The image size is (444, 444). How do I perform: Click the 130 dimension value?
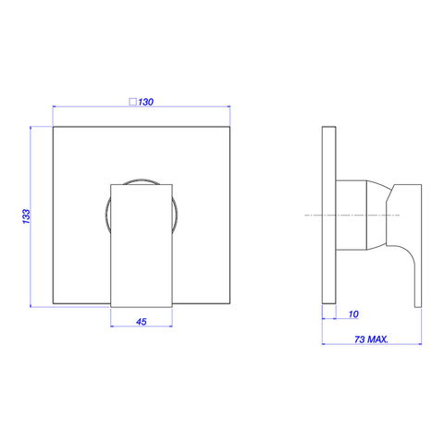(x=145, y=102)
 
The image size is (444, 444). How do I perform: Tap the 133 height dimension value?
(x=27, y=216)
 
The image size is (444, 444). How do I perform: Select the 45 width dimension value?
(x=142, y=322)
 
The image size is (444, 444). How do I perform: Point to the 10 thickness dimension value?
(x=353, y=314)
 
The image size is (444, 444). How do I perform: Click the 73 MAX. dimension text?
(x=371, y=339)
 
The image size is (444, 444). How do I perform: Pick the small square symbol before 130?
(x=132, y=102)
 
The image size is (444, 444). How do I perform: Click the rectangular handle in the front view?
(x=142, y=246)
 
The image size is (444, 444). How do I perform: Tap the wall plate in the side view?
(x=328, y=216)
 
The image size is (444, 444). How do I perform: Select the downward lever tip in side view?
(x=418, y=305)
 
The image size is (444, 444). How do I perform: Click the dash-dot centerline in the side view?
(x=352, y=215)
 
